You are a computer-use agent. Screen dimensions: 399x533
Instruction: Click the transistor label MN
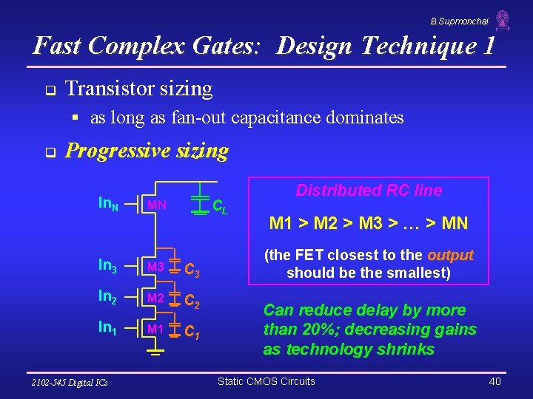[x=156, y=204]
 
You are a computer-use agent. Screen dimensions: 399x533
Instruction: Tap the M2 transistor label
[x=155, y=298]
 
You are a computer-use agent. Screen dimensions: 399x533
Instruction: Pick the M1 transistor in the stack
[x=155, y=329]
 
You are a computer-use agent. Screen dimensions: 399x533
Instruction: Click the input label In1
[x=108, y=329]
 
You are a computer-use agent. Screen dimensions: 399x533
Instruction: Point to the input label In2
[x=108, y=298]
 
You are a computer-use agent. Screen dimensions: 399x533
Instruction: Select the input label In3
[x=108, y=267]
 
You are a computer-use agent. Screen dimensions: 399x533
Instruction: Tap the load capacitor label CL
[x=220, y=207]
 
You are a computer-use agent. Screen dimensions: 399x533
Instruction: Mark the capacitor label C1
[x=192, y=332]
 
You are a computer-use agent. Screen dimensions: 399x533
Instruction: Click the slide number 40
[x=495, y=381]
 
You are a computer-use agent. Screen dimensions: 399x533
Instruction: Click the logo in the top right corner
[x=503, y=21]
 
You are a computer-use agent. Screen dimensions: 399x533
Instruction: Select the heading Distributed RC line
[x=369, y=191]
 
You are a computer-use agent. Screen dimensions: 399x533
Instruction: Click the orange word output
[x=450, y=256]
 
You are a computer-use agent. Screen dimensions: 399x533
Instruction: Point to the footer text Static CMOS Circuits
[x=266, y=381]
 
